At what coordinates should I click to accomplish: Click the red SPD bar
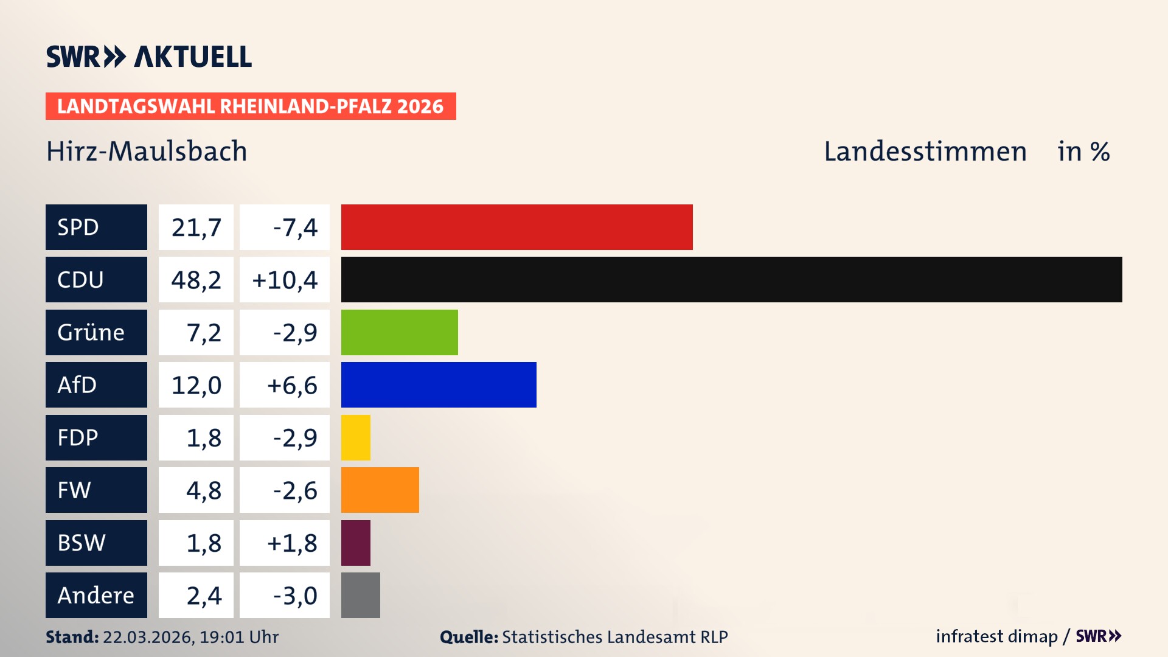pyautogui.click(x=516, y=227)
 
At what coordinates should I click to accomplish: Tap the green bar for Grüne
pyautogui.click(x=399, y=332)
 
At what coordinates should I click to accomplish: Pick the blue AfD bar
pyautogui.click(x=439, y=384)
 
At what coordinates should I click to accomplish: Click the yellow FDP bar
pyautogui.click(x=355, y=437)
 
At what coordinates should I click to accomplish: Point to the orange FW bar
pyautogui.click(x=380, y=490)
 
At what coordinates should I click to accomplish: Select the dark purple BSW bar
pyautogui.click(x=355, y=543)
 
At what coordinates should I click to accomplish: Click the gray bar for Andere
pyautogui.click(x=360, y=595)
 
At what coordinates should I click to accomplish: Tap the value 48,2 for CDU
pyautogui.click(x=196, y=280)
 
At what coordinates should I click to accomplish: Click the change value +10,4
pyautogui.click(x=285, y=280)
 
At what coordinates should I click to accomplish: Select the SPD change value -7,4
pyautogui.click(x=295, y=228)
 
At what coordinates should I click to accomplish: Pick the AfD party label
pyautogui.click(x=77, y=385)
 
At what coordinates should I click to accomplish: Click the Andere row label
pyautogui.click(x=96, y=595)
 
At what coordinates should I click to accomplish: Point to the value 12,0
pyautogui.click(x=196, y=385)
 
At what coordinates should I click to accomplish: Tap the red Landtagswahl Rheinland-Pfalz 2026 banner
pyautogui.click(x=250, y=106)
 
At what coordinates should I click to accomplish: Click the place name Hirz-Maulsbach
pyautogui.click(x=147, y=151)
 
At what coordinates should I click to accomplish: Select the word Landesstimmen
pyautogui.click(x=925, y=151)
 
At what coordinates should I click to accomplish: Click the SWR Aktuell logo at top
pyautogui.click(x=148, y=57)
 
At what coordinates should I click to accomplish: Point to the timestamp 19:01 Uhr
pyautogui.click(x=238, y=637)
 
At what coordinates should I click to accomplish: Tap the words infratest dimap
pyautogui.click(x=996, y=636)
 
